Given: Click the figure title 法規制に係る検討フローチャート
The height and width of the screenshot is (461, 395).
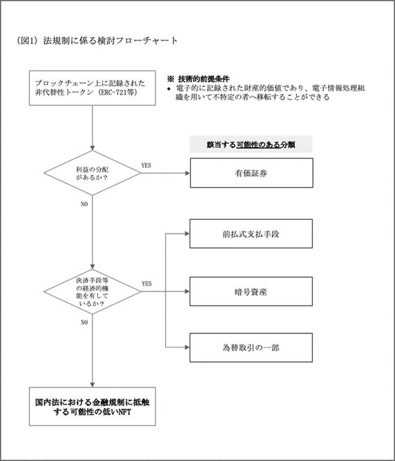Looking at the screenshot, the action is pos(111,40).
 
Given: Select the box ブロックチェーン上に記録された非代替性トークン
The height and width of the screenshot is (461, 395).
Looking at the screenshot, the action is pos(92,88).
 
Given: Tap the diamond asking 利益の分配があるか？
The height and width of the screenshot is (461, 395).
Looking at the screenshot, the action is pos(92,173).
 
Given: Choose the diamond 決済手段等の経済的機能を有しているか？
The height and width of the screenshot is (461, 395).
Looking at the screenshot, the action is pos(92,292).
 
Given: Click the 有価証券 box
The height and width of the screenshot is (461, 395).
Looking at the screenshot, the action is pos(251,173).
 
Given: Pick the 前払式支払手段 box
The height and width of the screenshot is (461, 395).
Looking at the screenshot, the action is pos(251,234).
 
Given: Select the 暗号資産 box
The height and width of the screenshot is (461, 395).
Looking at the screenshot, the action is pos(251,292).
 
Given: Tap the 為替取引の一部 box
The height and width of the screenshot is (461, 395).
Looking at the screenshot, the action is pos(251,347).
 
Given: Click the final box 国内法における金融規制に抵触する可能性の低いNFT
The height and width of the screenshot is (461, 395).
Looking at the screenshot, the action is pos(92,407).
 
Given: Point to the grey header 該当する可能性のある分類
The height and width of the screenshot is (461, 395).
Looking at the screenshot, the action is pos(251,144).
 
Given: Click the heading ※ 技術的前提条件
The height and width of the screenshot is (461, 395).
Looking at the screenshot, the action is pos(199,79).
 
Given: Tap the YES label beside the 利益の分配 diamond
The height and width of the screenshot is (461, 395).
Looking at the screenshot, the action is pos(146,165).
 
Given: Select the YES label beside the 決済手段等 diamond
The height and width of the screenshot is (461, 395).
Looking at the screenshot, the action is pos(146,284).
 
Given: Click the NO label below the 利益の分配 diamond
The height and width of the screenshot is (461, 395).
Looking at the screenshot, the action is pos(84,204).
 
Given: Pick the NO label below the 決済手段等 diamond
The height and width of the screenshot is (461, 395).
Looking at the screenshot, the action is pos(84,322).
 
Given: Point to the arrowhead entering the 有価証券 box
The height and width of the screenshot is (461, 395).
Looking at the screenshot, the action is pos(187,173).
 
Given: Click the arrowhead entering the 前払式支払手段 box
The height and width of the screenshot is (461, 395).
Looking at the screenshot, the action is pos(187,234).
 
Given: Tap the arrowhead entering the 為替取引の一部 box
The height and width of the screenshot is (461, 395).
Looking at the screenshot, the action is pos(187,347).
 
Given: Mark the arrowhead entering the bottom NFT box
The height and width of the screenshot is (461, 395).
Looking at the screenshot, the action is pos(92,385).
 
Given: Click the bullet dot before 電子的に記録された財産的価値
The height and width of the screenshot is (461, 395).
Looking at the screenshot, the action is pos(169,89).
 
